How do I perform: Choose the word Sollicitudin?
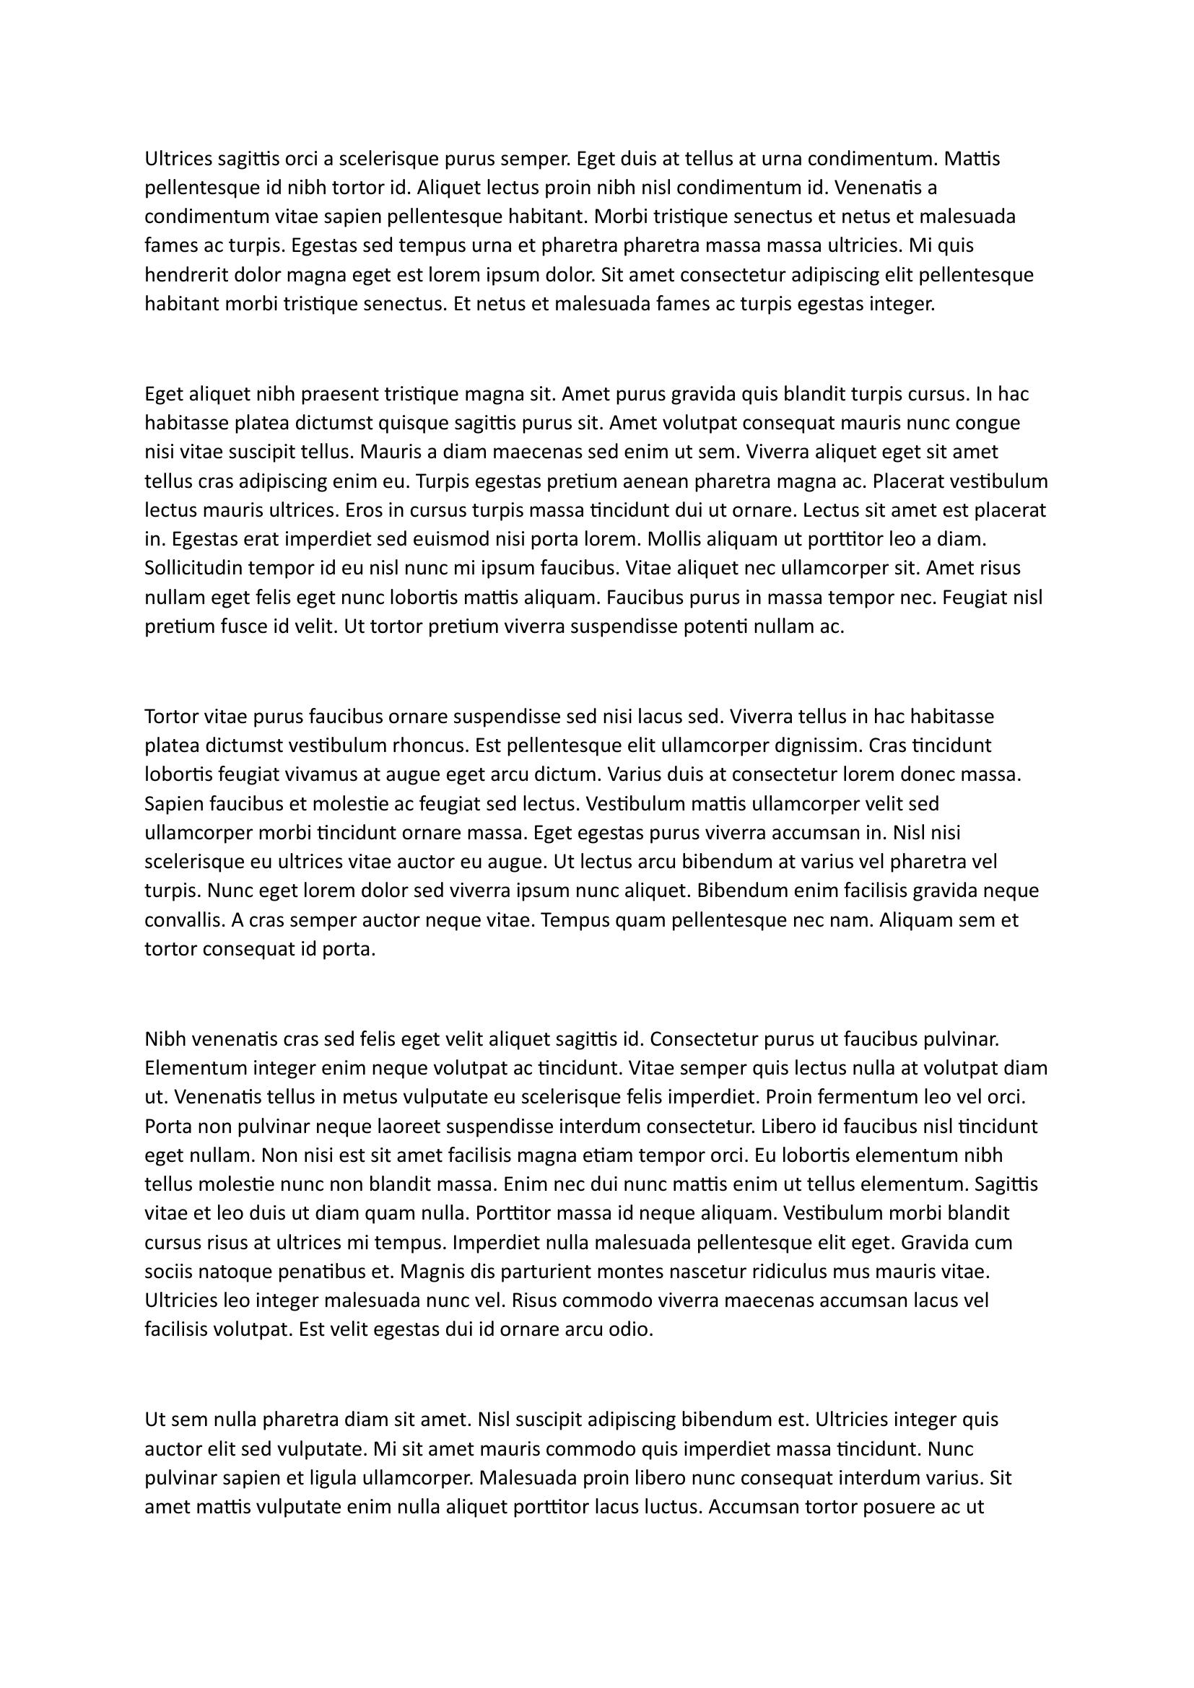coord(194,568)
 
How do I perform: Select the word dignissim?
coord(819,745)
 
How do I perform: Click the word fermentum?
coord(863,1098)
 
